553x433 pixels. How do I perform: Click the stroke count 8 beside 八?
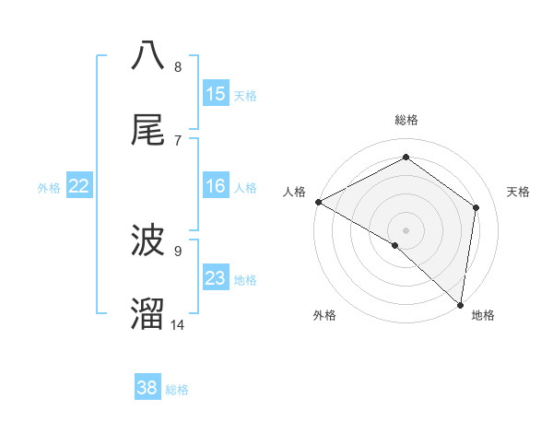point(178,67)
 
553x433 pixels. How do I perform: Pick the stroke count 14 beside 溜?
point(178,324)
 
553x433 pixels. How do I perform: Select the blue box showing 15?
point(216,94)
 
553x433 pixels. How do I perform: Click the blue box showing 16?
point(216,186)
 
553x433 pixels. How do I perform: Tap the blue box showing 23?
point(216,278)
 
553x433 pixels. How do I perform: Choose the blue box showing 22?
point(79,186)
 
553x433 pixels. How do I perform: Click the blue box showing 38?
point(147,388)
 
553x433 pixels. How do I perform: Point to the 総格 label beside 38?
point(178,391)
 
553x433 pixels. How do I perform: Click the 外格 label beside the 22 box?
point(49,188)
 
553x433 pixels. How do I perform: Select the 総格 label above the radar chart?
point(406,120)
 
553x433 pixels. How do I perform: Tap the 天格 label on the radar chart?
point(519,192)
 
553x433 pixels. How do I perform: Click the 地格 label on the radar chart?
point(483,316)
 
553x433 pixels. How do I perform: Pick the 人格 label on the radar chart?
point(294,192)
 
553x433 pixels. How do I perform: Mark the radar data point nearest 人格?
point(318,202)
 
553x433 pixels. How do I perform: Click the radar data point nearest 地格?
point(460,304)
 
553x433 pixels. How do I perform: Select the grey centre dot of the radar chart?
point(406,229)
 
